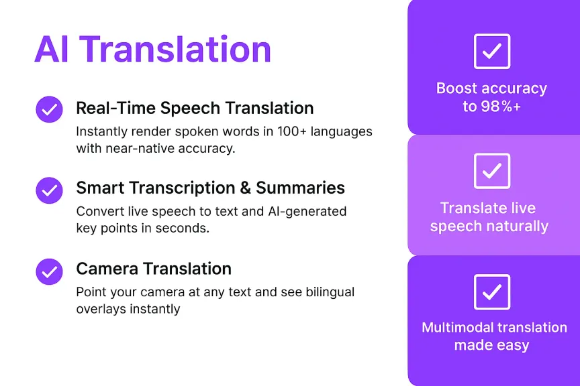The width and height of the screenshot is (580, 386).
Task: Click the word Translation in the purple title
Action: pyautogui.click(x=175, y=49)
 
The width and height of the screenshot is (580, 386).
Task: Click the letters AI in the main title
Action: pyautogui.click(x=52, y=50)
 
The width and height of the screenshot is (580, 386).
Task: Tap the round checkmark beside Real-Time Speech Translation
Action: pyautogui.click(x=49, y=109)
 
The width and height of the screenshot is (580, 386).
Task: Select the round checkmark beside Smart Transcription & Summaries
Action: pyautogui.click(x=49, y=190)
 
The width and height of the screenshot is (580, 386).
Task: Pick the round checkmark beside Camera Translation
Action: pyautogui.click(x=49, y=271)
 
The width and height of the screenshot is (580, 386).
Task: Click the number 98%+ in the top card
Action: pyautogui.click(x=501, y=107)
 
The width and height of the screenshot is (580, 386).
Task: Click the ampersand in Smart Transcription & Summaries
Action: pyautogui.click(x=245, y=188)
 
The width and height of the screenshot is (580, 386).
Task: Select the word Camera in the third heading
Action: pyautogui.click(x=107, y=269)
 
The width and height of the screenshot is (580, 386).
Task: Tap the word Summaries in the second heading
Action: pyautogui.click(x=300, y=188)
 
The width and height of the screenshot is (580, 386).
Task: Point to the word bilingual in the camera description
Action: pyautogui.click(x=330, y=292)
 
